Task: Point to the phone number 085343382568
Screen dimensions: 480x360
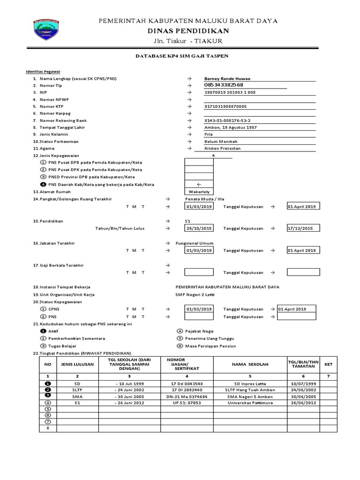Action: [224, 85]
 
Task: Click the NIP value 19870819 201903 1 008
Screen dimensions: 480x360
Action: [230, 92]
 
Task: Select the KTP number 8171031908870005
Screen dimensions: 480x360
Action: [225, 106]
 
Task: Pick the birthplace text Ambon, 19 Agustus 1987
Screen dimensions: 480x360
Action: [231, 127]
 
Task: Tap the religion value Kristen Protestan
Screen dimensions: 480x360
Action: [223, 148]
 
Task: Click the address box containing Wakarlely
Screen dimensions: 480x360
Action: [199, 192]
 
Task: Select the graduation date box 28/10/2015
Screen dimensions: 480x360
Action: [199, 228]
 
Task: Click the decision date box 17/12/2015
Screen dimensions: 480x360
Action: [303, 228]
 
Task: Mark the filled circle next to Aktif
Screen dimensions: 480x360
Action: [43, 331]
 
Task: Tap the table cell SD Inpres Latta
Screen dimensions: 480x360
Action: [249, 383]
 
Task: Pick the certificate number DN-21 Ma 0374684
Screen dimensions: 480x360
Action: [187, 396]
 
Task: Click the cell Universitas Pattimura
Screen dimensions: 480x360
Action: [249, 403]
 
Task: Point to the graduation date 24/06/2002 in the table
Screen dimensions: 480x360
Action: [303, 390]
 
